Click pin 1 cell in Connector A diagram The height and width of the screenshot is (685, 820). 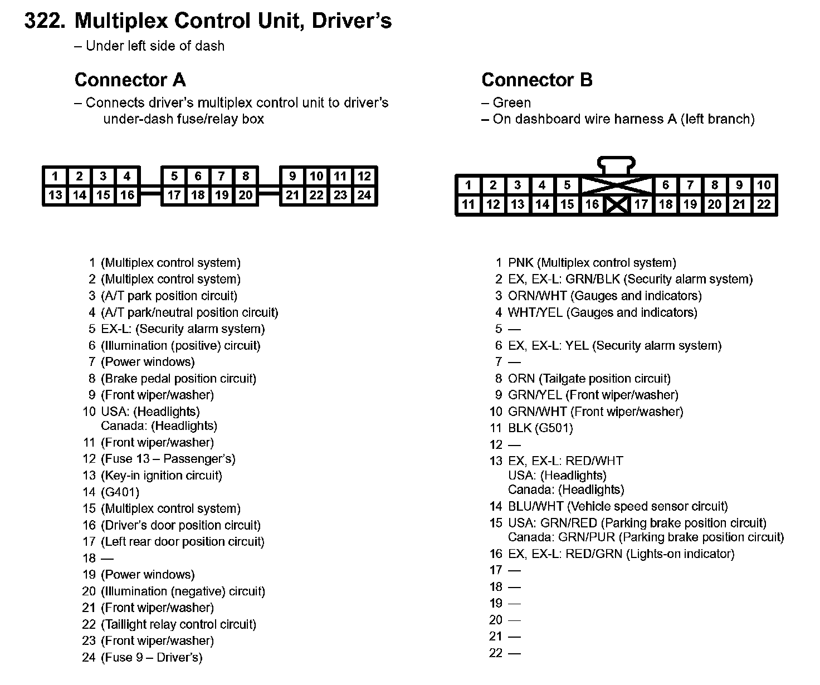[55, 177]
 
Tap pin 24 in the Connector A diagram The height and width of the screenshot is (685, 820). [364, 195]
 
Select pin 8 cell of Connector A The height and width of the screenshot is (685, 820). [246, 177]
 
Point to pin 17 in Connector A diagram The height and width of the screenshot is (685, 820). [174, 195]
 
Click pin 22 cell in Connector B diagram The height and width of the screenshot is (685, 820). [764, 204]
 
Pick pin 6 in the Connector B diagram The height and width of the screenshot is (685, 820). [665, 185]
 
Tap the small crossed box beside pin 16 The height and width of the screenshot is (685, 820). [617, 205]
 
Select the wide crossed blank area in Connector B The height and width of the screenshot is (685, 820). [617, 185]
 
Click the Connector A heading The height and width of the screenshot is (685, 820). [130, 80]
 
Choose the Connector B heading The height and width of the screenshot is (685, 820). [536, 80]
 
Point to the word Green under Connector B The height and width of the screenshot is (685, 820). [512, 103]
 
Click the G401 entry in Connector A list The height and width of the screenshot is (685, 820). [120, 492]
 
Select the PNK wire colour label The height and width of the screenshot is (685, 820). [521, 263]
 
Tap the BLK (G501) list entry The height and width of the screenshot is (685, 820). [540, 428]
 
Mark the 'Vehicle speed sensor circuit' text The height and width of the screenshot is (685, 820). [647, 507]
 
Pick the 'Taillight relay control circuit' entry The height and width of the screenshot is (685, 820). [179, 624]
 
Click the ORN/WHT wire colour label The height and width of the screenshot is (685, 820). [537, 296]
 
